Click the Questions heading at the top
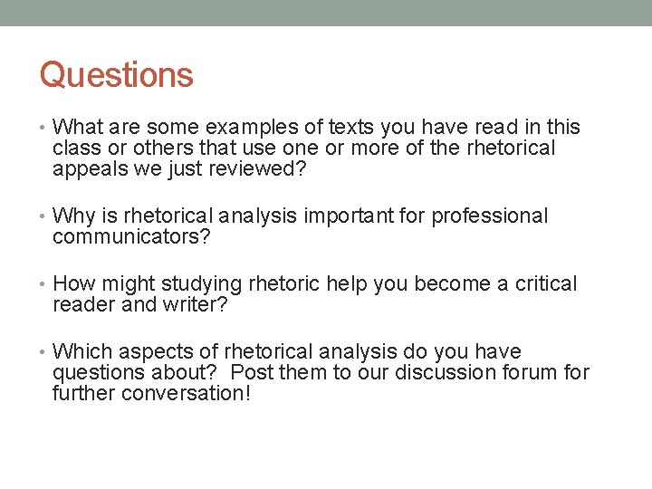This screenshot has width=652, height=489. (x=117, y=74)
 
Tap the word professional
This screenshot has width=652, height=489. (x=490, y=216)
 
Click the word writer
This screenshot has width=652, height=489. (x=193, y=305)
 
